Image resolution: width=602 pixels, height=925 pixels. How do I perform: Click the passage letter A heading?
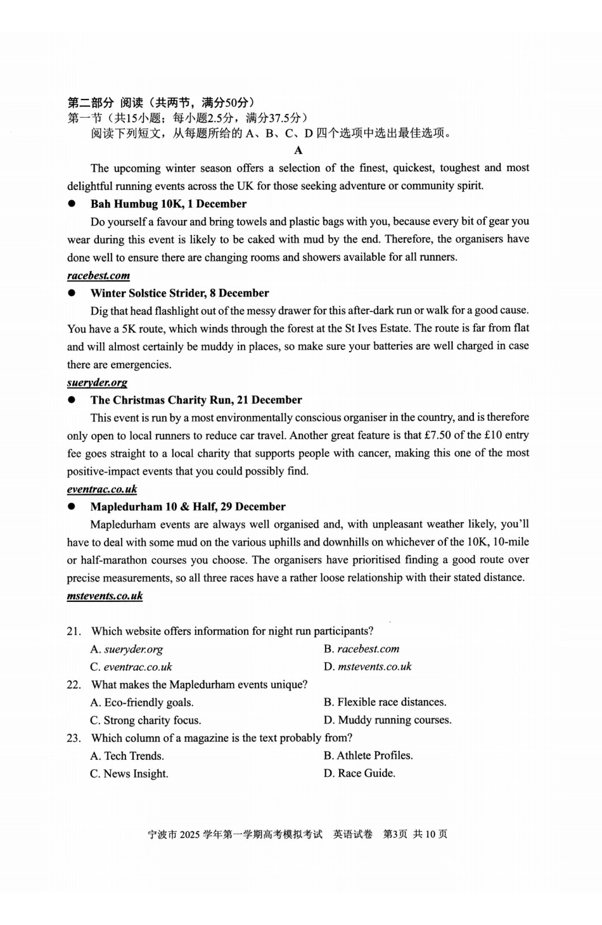click(x=298, y=150)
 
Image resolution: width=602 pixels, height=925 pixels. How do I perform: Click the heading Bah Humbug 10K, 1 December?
click(x=168, y=203)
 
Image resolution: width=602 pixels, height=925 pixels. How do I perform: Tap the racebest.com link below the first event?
click(x=98, y=275)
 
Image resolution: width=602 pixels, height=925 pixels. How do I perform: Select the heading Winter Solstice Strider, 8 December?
click(x=179, y=293)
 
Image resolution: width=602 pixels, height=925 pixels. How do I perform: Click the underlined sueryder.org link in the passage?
click(x=97, y=382)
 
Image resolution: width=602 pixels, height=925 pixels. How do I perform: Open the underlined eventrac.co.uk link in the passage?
click(x=102, y=488)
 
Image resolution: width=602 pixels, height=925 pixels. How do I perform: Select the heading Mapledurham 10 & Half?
click(x=188, y=506)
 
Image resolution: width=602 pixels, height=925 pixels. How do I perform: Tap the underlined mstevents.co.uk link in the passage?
click(x=105, y=596)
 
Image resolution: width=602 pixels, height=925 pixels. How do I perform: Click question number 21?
click(x=74, y=631)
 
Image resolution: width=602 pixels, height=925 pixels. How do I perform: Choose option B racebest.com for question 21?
click(x=362, y=649)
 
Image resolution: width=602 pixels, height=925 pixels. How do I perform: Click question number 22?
click(x=74, y=684)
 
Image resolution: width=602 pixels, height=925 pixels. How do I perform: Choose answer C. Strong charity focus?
click(x=146, y=720)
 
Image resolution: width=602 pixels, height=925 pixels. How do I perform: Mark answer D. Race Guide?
click(x=359, y=773)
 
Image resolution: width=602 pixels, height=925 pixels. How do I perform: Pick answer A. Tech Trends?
click(x=127, y=756)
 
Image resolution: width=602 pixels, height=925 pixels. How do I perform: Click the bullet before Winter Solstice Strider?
click(x=72, y=293)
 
